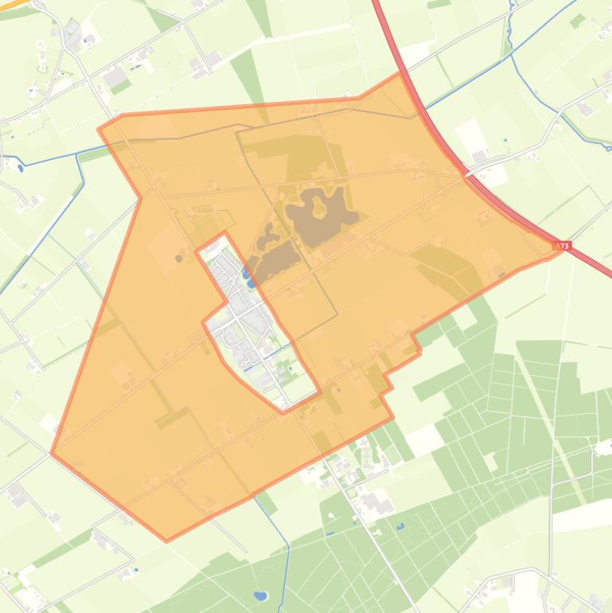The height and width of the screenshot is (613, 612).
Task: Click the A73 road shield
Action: (x=563, y=246)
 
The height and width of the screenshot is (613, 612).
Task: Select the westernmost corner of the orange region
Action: (x=52, y=454)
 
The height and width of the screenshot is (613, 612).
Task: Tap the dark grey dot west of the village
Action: (x=178, y=258)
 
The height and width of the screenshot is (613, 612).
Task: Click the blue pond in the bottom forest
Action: (x=259, y=595)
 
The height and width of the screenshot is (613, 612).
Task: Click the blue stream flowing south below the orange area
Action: (x=287, y=565)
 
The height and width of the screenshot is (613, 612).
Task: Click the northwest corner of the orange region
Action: (x=99, y=127)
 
